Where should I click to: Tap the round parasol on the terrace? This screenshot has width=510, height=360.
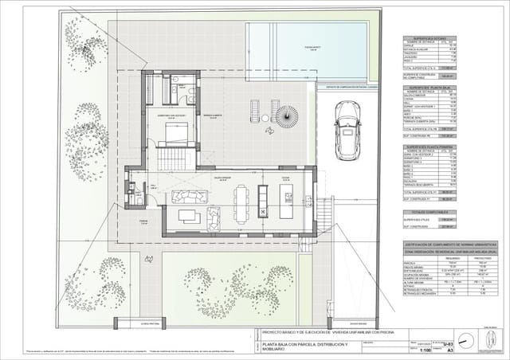pyautogui.click(x=287, y=119)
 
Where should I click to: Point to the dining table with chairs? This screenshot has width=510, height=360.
pyautogui.click(x=241, y=202)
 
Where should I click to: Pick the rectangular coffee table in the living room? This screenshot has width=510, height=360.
pyautogui.click(x=189, y=215)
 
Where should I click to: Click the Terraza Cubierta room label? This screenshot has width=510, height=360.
pyautogui.click(x=210, y=115)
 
